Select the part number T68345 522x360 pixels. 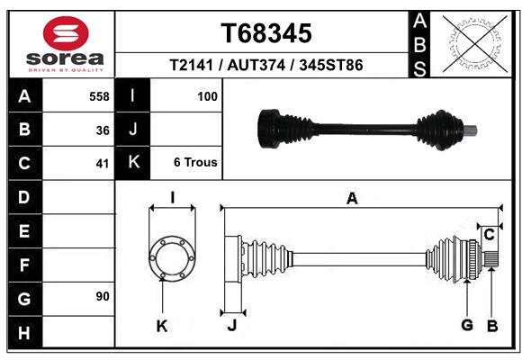[266, 33]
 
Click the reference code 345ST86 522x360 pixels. [331, 67]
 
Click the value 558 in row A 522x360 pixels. [100, 95]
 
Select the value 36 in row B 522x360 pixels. [103, 130]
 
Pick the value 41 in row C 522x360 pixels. [103, 164]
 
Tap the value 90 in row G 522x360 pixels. [102, 295]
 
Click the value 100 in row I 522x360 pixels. [207, 95]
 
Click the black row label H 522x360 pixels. [23, 334]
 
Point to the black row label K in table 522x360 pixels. [133, 163]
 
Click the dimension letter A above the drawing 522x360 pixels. [352, 199]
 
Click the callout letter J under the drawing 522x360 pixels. [231, 326]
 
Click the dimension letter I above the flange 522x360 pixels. [171, 198]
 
